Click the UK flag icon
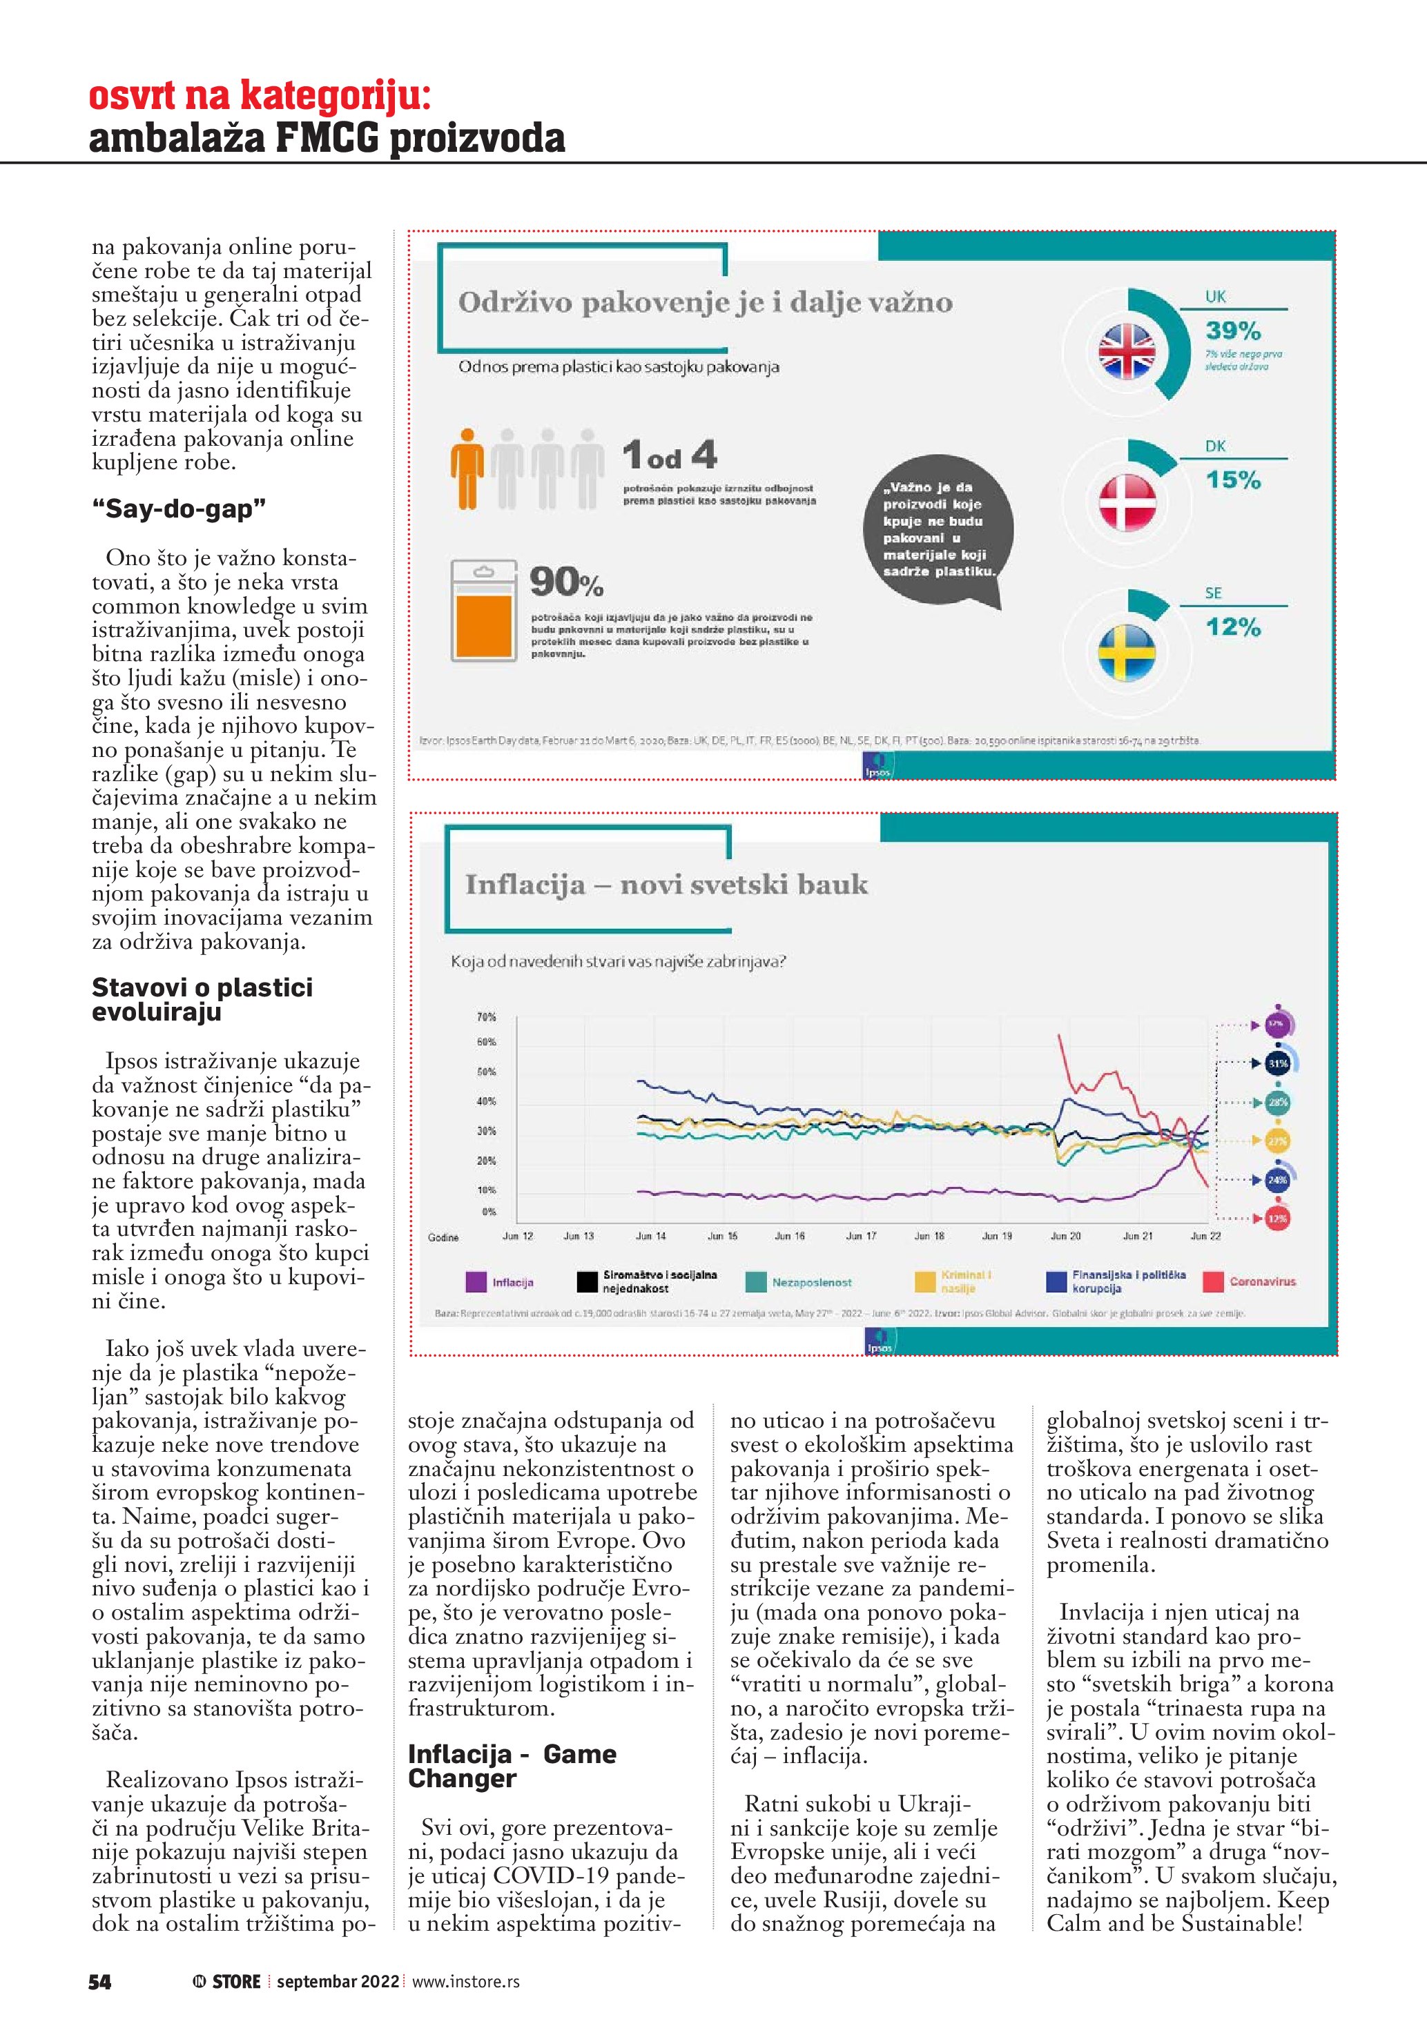point(1127,351)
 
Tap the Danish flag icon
point(1127,502)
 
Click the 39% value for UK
point(1233,331)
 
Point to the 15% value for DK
point(1233,480)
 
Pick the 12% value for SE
point(1233,627)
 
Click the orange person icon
point(467,469)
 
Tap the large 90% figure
point(566,582)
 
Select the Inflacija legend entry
point(501,1283)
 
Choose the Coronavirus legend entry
point(1250,1281)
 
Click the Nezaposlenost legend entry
point(799,1283)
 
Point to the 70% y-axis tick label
point(486,1017)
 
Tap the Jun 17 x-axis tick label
point(860,1236)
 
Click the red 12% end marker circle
point(1276,1219)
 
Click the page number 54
point(100,1982)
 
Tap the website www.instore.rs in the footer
point(466,1982)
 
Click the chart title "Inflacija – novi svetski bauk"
point(666,884)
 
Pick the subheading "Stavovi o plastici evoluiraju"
point(202,1000)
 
